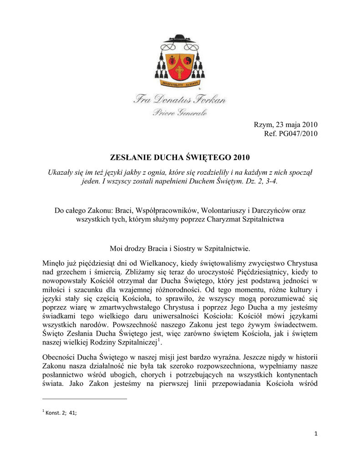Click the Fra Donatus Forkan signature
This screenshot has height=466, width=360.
[x=180, y=99]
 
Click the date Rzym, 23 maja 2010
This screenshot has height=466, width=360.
[x=285, y=125]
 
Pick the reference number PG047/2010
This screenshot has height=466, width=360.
[x=300, y=133]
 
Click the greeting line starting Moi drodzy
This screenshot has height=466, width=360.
[x=180, y=249]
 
